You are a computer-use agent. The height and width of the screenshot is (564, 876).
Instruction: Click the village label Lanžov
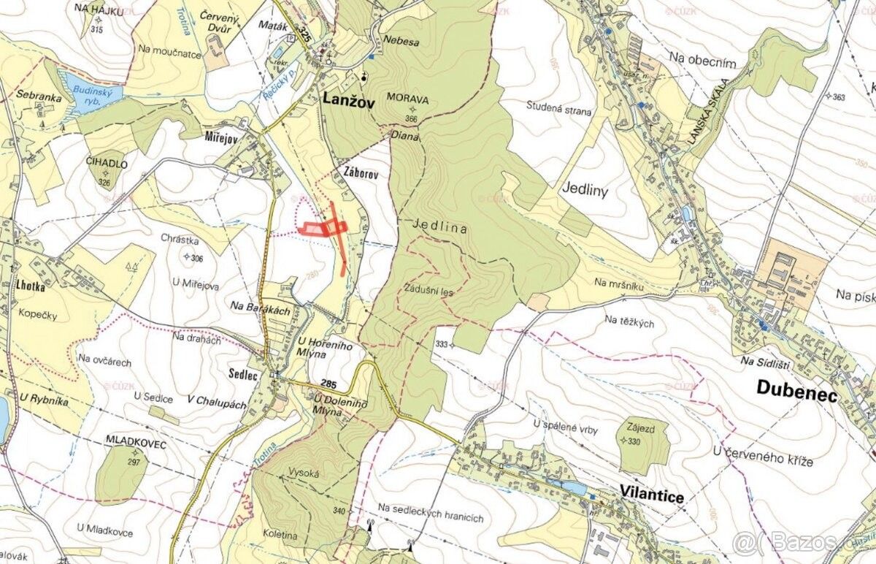point(347,103)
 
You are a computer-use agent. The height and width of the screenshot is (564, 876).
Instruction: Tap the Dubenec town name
point(795,387)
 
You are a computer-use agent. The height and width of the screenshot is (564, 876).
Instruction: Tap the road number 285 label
point(328,384)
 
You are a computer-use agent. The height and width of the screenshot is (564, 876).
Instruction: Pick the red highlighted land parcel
point(321,229)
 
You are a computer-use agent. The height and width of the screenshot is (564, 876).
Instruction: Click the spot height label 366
point(412,119)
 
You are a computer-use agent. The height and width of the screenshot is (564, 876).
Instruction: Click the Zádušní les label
point(428,290)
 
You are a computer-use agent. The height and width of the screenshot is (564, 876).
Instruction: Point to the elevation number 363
point(837,97)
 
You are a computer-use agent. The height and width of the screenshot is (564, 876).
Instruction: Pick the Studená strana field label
point(559,112)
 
